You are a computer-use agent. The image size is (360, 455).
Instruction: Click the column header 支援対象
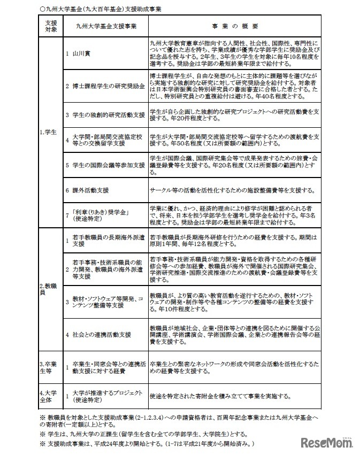[x=51, y=25]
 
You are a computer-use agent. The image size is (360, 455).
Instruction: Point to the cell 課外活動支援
[x=91, y=190]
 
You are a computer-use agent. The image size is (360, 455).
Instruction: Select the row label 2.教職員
[x=49, y=289]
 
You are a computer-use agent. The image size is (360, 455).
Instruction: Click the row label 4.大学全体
[x=49, y=396]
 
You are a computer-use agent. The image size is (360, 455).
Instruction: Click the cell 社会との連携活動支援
[x=102, y=334]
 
